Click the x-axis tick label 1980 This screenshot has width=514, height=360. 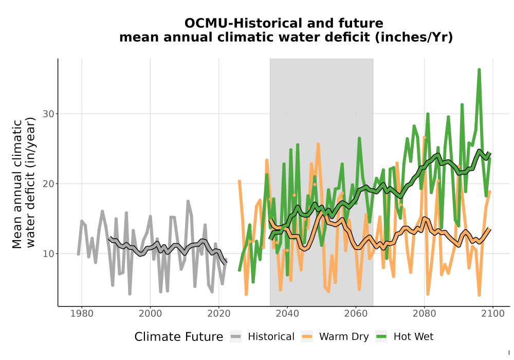82,313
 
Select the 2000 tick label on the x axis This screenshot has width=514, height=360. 150,313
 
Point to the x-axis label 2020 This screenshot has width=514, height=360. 218,313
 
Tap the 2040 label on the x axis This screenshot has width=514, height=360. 287,313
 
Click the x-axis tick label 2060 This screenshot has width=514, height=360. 356,313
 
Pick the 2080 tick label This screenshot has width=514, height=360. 424,313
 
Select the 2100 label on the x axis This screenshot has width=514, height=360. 493,313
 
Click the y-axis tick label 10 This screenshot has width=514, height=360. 48,254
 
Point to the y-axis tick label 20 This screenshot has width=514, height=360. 48,184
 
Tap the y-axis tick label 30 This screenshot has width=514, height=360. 48,114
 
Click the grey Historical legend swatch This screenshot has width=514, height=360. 236,337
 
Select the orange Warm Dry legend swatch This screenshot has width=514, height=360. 307,337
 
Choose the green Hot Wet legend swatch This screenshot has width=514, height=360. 381,337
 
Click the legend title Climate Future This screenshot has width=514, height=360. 179,337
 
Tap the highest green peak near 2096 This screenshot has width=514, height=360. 479,70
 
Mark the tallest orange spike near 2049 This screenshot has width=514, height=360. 318,144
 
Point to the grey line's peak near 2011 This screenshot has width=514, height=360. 188,201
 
